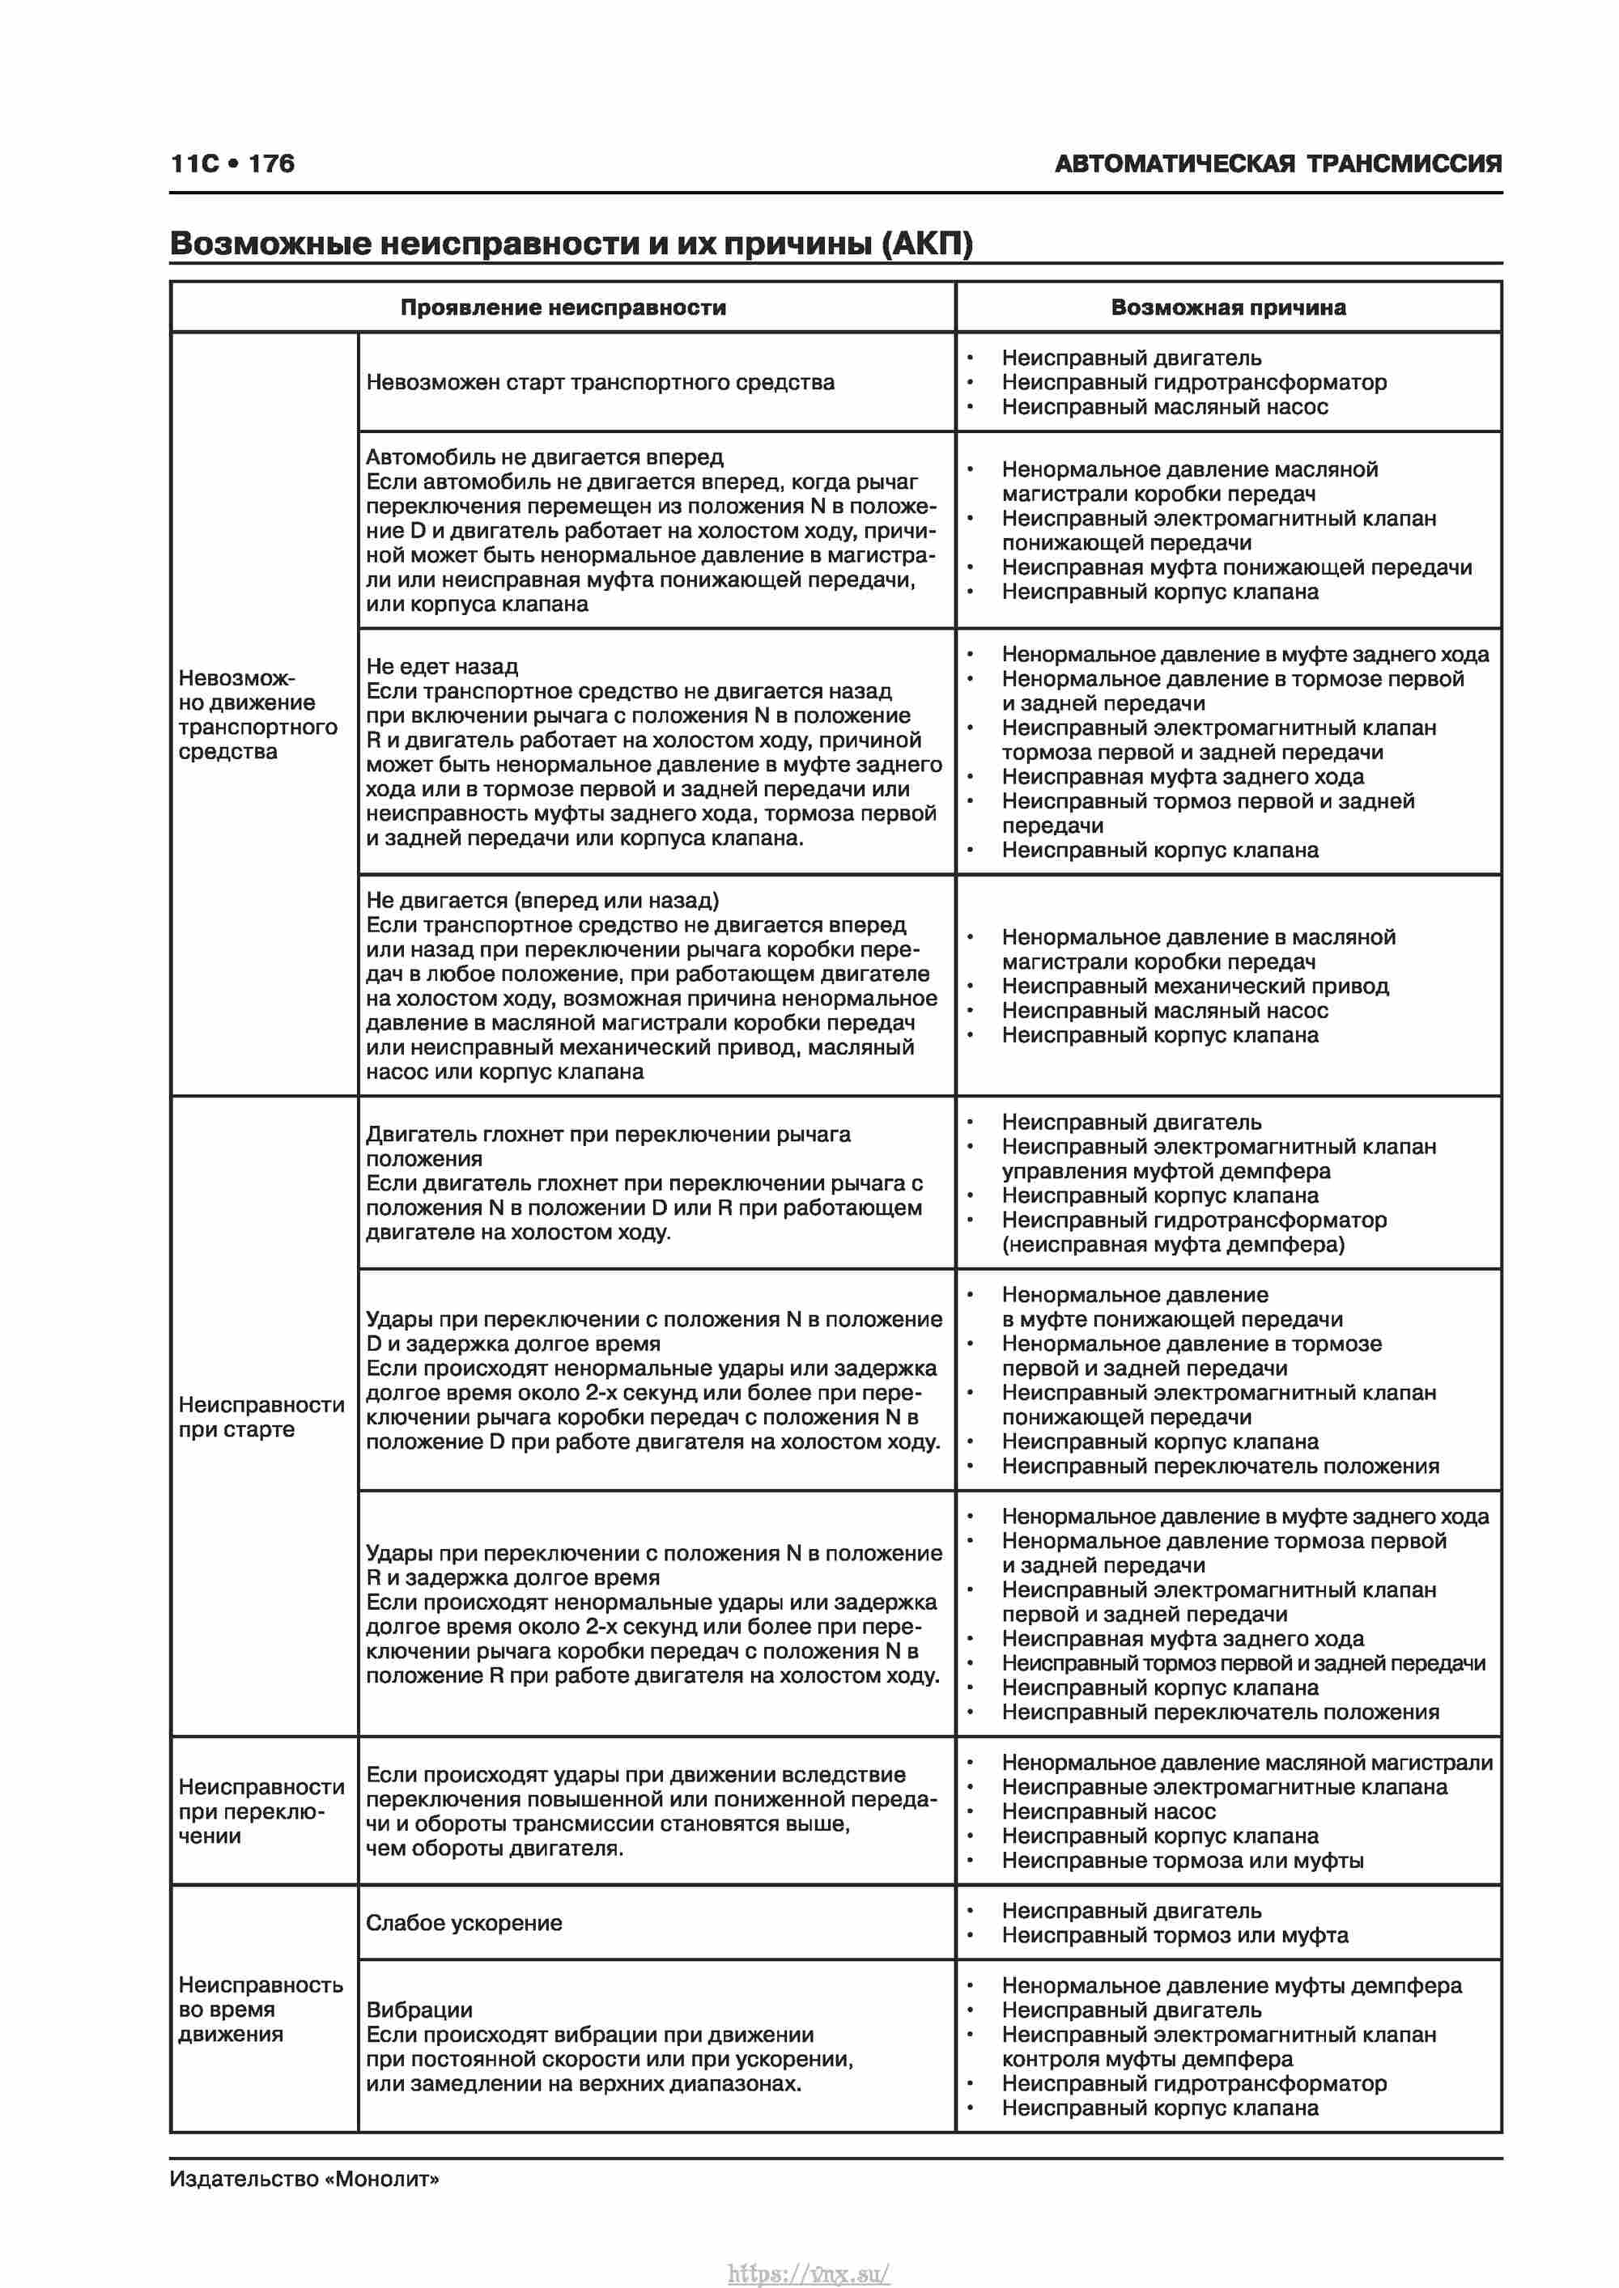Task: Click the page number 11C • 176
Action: pyautogui.click(x=232, y=163)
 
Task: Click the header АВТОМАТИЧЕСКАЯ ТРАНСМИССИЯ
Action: pyautogui.click(x=1277, y=163)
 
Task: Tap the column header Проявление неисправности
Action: pyautogui.click(x=563, y=308)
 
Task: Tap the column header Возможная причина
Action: pyautogui.click(x=1227, y=308)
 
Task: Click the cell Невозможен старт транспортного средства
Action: pyautogui.click(x=599, y=383)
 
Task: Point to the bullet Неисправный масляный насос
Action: pyautogui.click(x=1163, y=406)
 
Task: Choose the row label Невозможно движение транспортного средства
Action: pyautogui.click(x=257, y=715)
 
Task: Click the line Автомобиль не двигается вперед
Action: pyautogui.click(x=544, y=457)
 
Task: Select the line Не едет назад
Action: pyautogui.click(x=442, y=667)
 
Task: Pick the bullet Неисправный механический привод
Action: pyautogui.click(x=1194, y=987)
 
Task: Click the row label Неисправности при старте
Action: pyautogui.click(x=261, y=1416)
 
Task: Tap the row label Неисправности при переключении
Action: pyautogui.click(x=261, y=1810)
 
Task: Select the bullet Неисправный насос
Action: pyautogui.click(x=1107, y=1811)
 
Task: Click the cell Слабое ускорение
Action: pyautogui.click(x=464, y=1923)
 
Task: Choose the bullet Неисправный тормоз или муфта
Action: pyautogui.click(x=1175, y=1935)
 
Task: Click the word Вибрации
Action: pyautogui.click(x=419, y=2010)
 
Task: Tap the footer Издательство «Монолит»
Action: pyautogui.click(x=304, y=2179)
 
